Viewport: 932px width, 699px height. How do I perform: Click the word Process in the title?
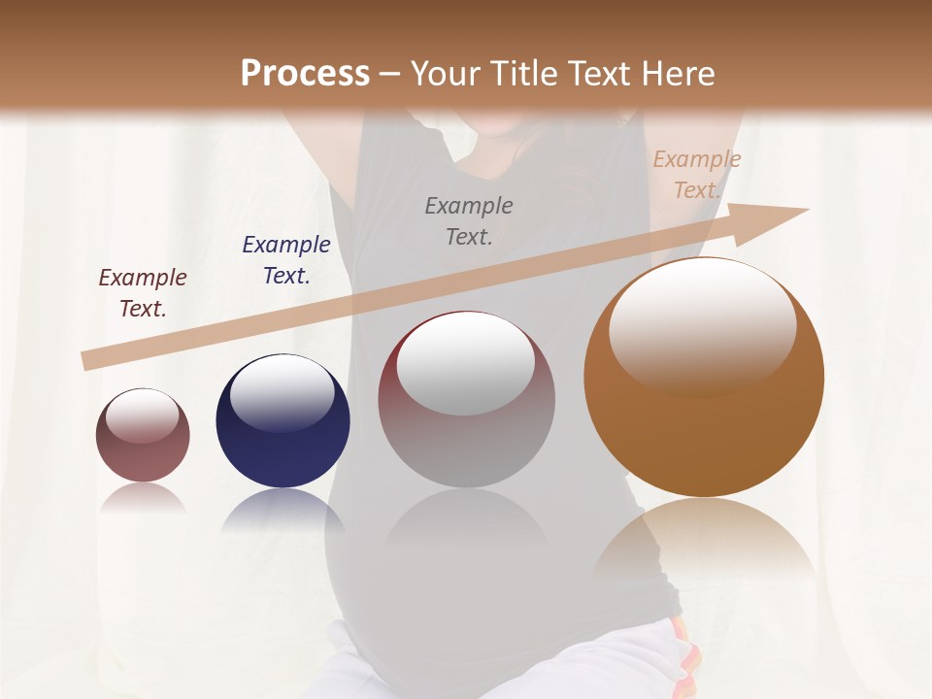point(305,74)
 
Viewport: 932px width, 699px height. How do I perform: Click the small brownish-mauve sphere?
point(143,435)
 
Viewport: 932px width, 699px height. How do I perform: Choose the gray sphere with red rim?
point(466,400)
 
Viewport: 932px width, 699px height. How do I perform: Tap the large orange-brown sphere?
point(704,379)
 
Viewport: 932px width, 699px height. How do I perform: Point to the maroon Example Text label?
point(143,293)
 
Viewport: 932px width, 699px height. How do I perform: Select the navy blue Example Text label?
point(286,260)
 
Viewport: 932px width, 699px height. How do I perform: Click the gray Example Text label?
point(469,220)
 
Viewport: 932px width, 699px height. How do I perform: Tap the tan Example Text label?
point(697,175)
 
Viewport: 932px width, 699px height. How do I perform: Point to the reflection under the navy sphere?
point(283,510)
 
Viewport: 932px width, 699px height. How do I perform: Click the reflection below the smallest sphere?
point(143,498)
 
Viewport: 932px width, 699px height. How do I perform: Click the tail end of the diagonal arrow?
point(87,361)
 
